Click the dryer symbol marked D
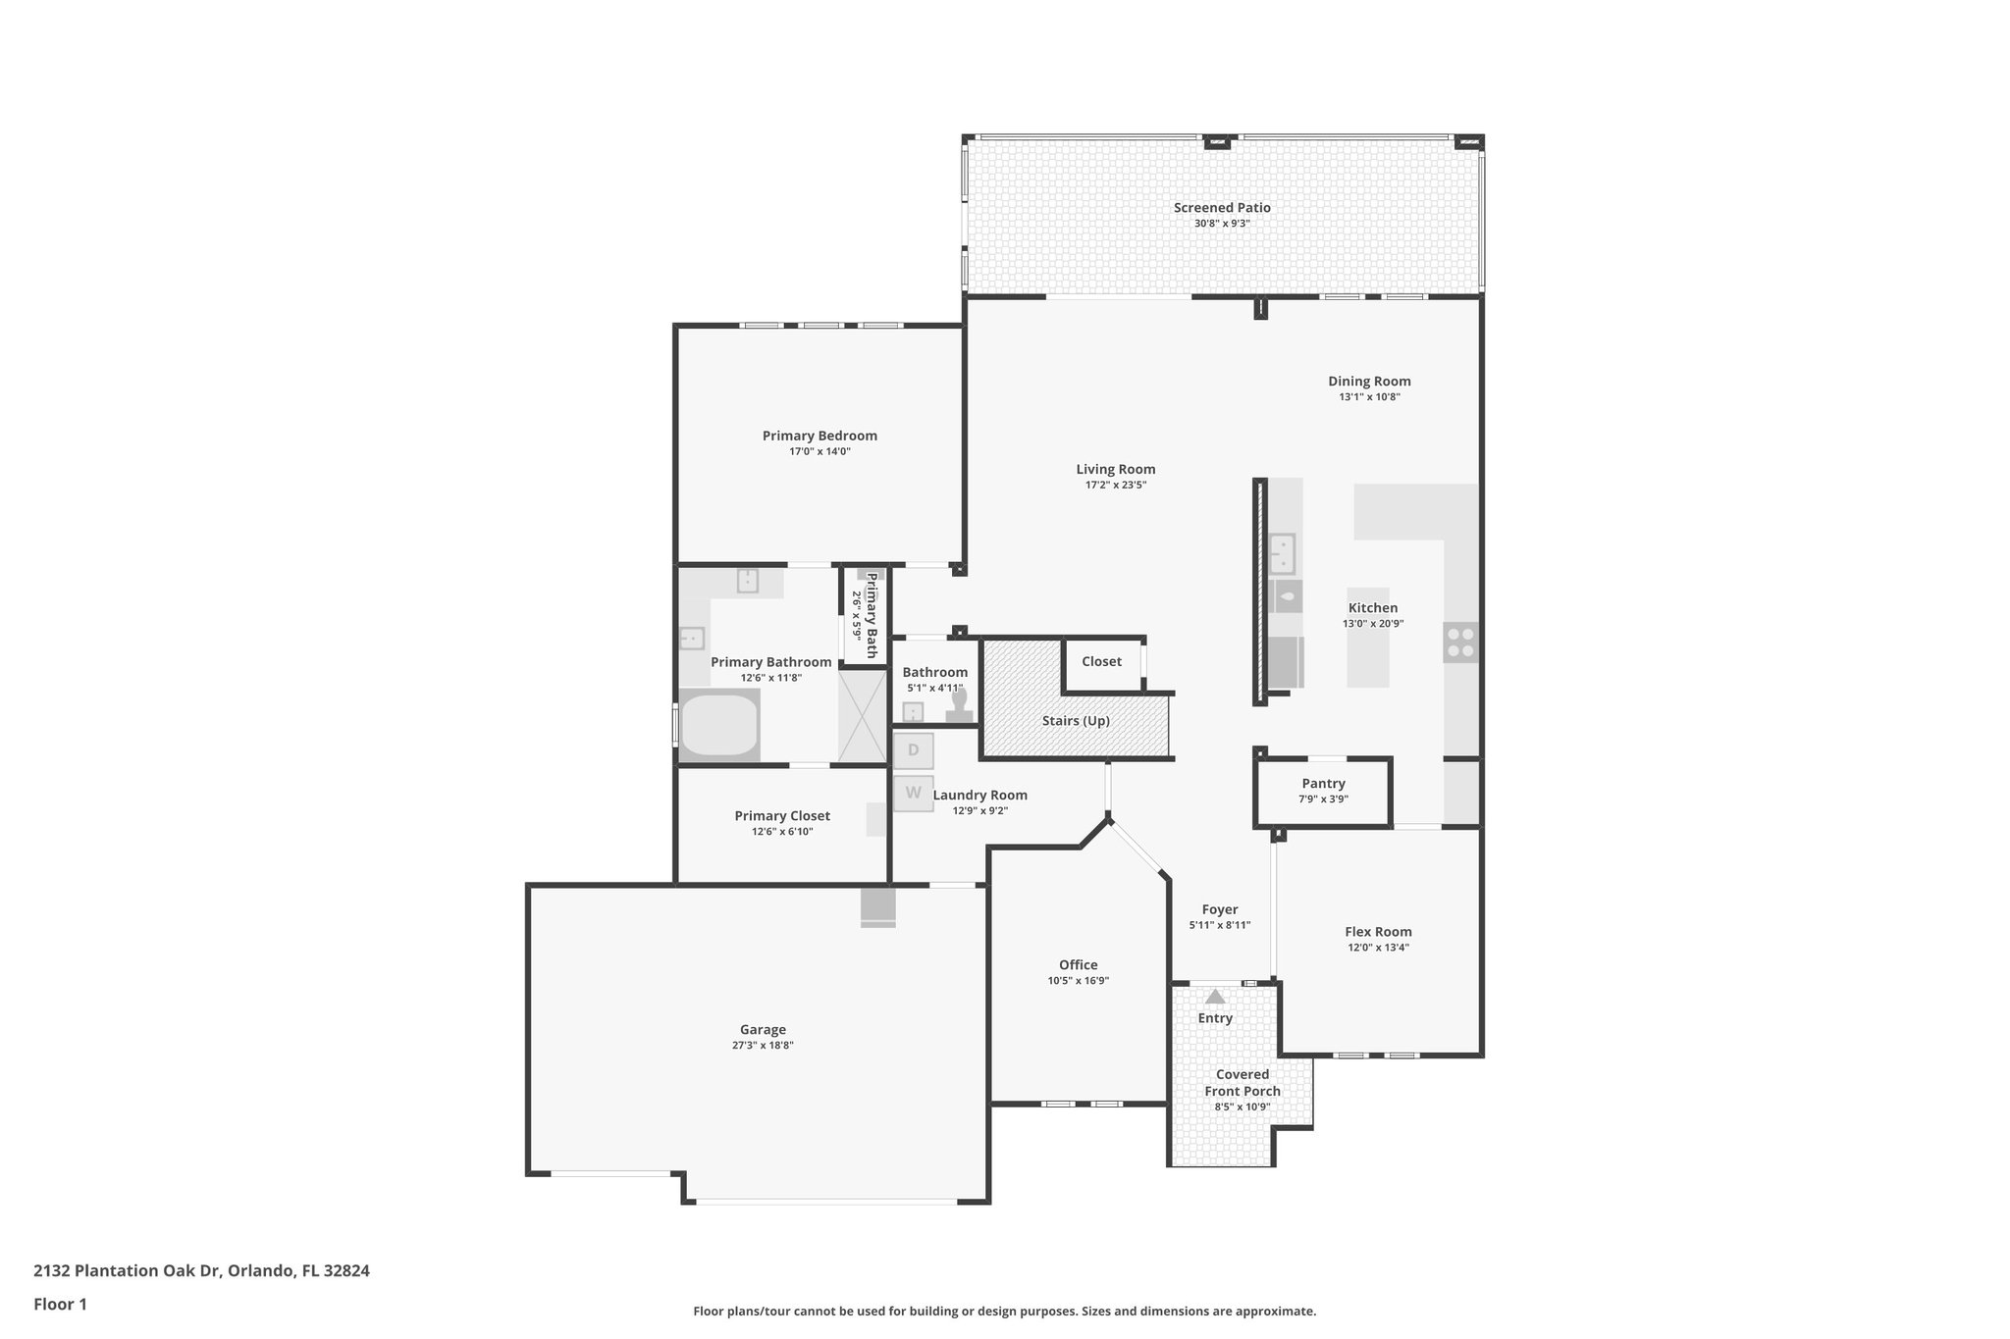(x=913, y=750)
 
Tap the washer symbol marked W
(x=913, y=793)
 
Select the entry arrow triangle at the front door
(x=1215, y=997)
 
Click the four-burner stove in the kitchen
(x=1460, y=642)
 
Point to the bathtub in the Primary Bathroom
(x=719, y=725)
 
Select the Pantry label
(x=1323, y=783)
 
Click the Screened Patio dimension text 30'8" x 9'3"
(x=1222, y=224)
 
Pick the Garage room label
(x=763, y=1029)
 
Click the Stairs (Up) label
(x=1076, y=721)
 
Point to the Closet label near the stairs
(x=1101, y=661)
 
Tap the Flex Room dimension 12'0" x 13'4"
(x=1378, y=948)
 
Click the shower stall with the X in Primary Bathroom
(x=861, y=716)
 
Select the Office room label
(x=1078, y=964)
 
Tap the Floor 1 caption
(x=60, y=1304)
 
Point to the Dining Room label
(x=1369, y=381)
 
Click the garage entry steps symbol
(x=877, y=907)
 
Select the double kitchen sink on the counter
(x=1282, y=554)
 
